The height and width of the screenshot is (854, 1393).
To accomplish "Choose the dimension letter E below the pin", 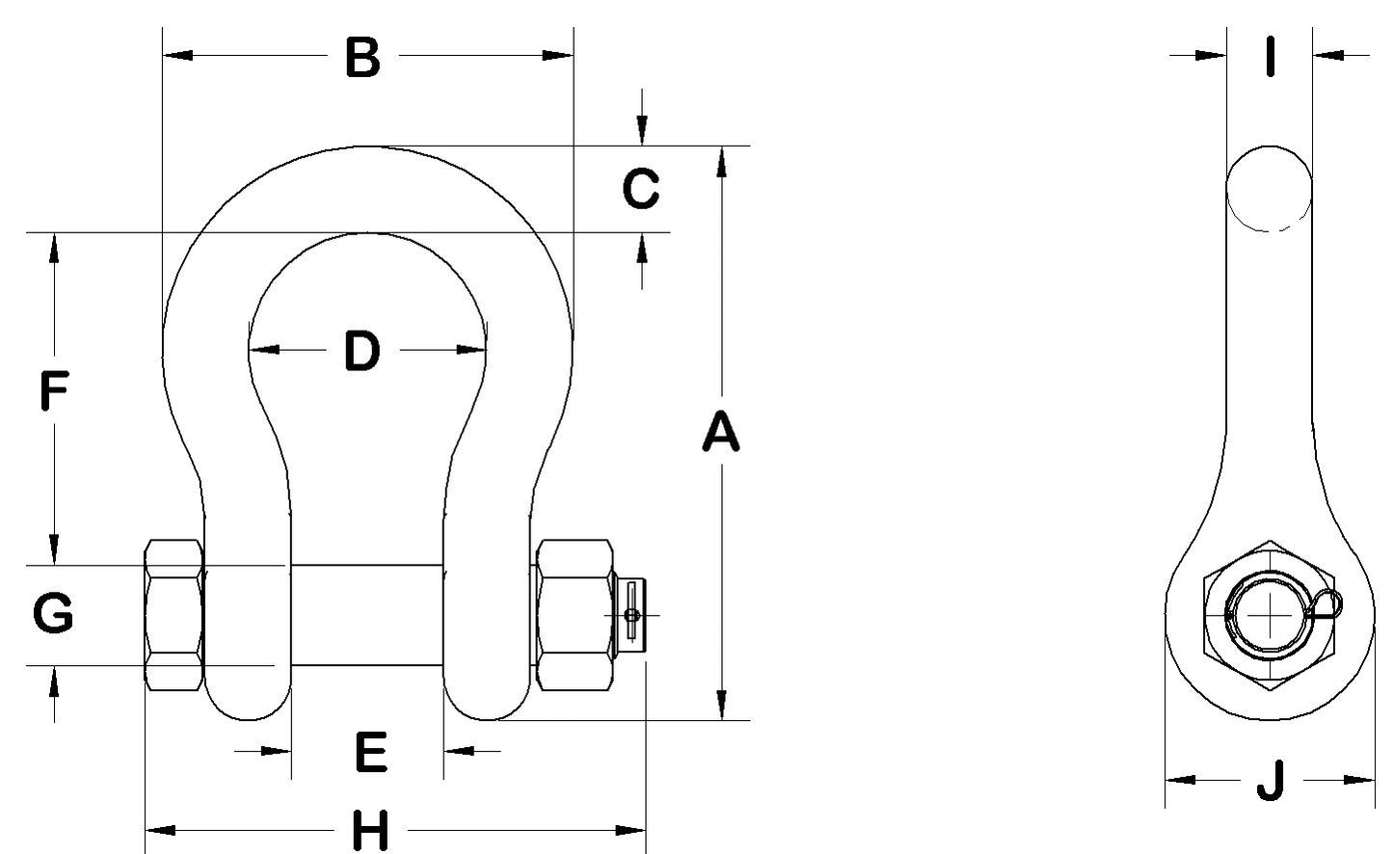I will point(371,752).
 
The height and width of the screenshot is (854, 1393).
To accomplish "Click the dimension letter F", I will point(54,392).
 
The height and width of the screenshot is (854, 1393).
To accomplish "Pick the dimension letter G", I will point(54,614).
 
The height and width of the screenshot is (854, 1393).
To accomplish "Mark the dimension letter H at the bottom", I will point(369,831).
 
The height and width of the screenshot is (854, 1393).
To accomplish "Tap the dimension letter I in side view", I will point(1271,56).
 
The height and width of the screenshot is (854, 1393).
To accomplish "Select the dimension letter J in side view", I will point(1272,780).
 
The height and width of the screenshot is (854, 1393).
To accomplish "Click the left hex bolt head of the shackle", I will point(174,614).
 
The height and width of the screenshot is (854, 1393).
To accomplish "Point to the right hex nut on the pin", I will point(576,614).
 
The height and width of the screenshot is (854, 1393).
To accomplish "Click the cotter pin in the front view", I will point(631,614).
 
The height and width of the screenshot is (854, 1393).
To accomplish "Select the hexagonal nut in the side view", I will point(1270,617).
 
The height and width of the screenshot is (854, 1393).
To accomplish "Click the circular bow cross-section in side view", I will point(1270,188).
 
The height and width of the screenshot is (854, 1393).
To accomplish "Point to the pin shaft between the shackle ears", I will point(367,614).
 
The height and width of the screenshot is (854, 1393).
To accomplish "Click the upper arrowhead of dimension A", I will point(720,160).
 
